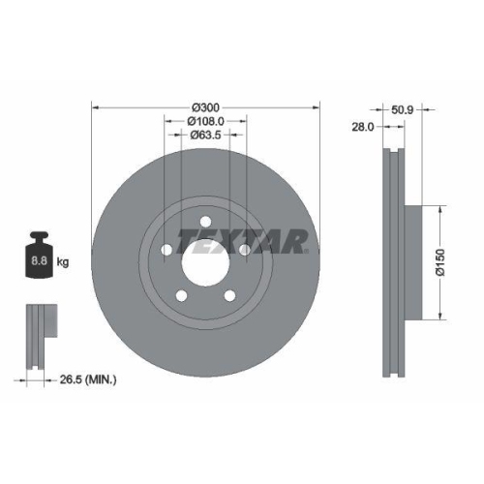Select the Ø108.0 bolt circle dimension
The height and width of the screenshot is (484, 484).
205,120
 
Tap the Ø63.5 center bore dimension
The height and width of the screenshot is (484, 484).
205,135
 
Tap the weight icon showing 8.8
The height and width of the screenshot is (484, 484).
39,259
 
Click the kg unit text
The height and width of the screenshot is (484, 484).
63,262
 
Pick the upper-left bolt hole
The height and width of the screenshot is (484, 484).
166,250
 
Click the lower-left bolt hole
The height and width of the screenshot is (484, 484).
180,296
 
